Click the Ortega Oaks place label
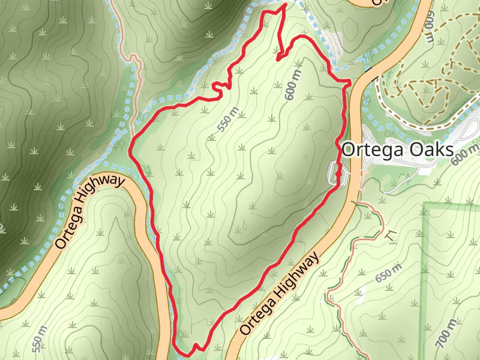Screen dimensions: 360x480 pyautogui.click(x=397, y=150)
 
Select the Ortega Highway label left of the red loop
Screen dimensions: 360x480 pyautogui.click(x=90, y=212)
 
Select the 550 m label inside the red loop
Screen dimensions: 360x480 pyautogui.click(x=229, y=119)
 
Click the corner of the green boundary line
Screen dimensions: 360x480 pyautogui.click(x=425, y=205)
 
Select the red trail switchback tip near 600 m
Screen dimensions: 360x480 pyautogui.click(x=277, y=59)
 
